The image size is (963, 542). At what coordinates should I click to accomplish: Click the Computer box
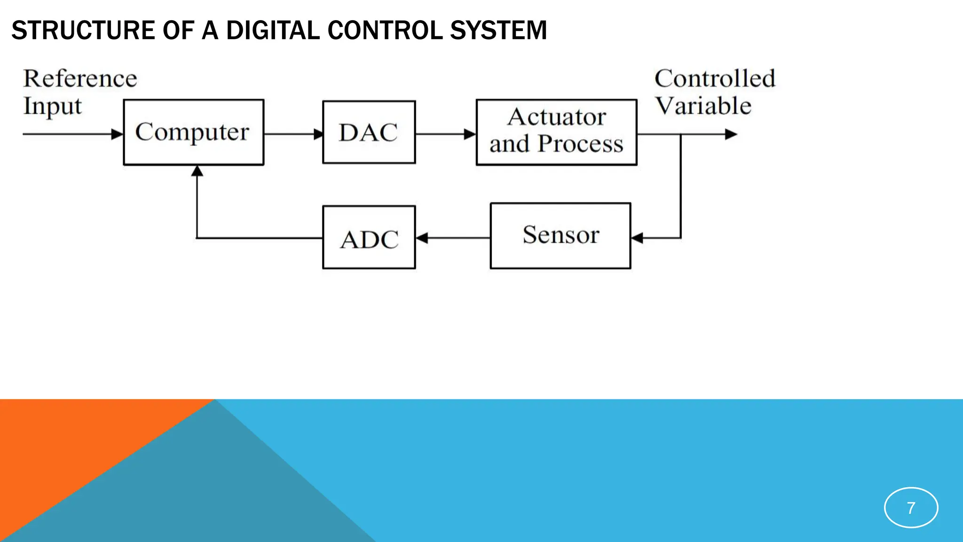[193, 132]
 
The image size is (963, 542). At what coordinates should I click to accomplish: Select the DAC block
[369, 132]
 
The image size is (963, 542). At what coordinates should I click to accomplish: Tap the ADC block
[369, 238]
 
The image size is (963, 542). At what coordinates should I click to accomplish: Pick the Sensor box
[560, 236]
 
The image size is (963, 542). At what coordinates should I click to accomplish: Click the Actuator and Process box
[556, 132]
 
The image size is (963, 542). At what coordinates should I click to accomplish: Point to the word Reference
[80, 79]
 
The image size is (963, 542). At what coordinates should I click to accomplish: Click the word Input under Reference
[53, 106]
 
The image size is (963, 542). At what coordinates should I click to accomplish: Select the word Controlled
[714, 79]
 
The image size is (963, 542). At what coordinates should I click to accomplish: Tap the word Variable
[703, 106]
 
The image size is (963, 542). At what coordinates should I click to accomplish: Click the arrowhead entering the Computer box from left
[117, 134]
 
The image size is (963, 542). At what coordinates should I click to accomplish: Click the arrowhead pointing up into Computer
[197, 171]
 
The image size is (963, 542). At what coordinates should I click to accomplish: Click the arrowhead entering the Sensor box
[637, 238]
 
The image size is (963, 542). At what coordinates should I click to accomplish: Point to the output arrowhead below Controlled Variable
[731, 135]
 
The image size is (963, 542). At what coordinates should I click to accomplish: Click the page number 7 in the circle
[911, 508]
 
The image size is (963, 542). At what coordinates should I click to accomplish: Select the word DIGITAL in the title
[273, 31]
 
